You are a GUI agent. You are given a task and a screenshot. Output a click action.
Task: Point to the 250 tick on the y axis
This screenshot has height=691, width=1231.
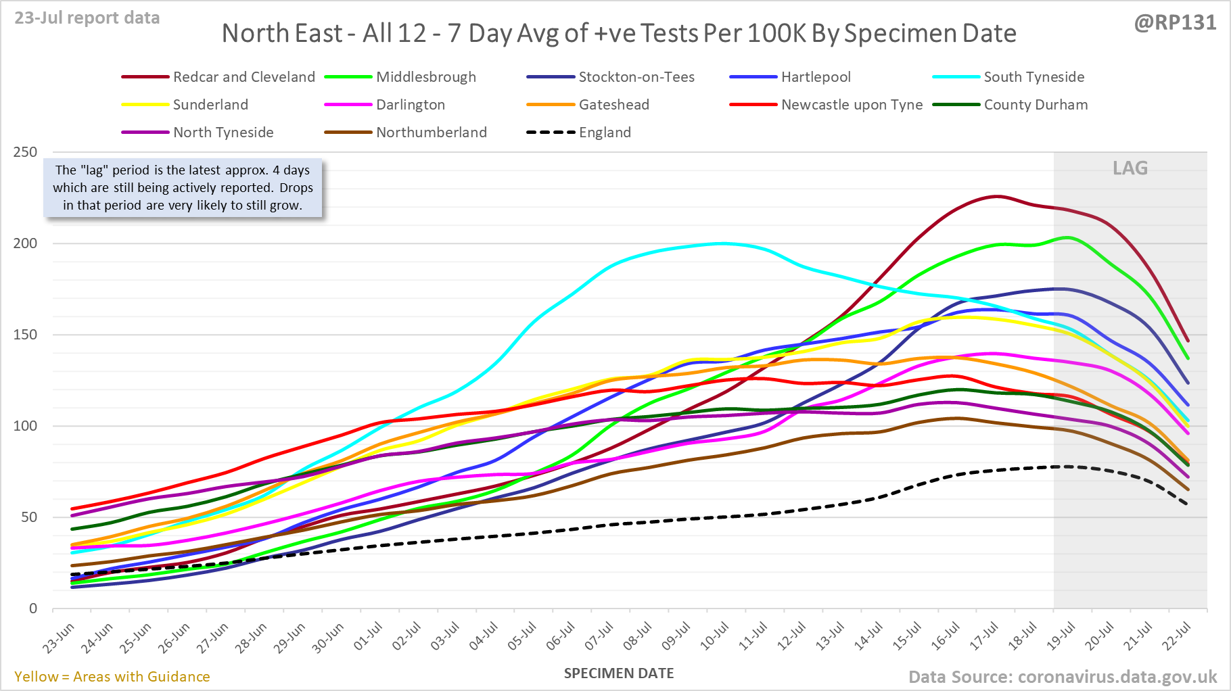[x=25, y=152]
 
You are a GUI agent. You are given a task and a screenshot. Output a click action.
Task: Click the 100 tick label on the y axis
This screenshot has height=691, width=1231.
[x=25, y=426]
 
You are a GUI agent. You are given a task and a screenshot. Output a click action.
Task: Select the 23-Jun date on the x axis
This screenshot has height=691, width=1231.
[x=59, y=638]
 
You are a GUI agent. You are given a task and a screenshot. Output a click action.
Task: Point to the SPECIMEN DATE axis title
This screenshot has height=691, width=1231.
[x=619, y=673]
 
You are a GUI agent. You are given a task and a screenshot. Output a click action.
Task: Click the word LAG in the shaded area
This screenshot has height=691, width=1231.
[x=1130, y=168]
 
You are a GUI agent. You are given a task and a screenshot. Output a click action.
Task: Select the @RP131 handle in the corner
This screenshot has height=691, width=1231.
[x=1175, y=23]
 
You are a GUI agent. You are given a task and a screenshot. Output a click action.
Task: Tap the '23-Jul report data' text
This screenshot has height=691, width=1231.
[x=87, y=18]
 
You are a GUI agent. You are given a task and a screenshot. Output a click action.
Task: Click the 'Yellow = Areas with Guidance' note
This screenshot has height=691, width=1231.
[x=112, y=677]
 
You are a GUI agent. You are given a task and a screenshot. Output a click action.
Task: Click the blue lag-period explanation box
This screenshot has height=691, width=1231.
[x=183, y=188]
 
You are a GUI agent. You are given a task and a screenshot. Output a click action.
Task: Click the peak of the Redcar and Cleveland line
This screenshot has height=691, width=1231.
[x=996, y=196]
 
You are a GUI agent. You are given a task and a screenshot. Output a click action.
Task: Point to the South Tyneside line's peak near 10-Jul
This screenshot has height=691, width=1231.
[x=722, y=243]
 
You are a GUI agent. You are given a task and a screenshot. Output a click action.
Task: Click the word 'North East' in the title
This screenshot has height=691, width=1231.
[x=282, y=33]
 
